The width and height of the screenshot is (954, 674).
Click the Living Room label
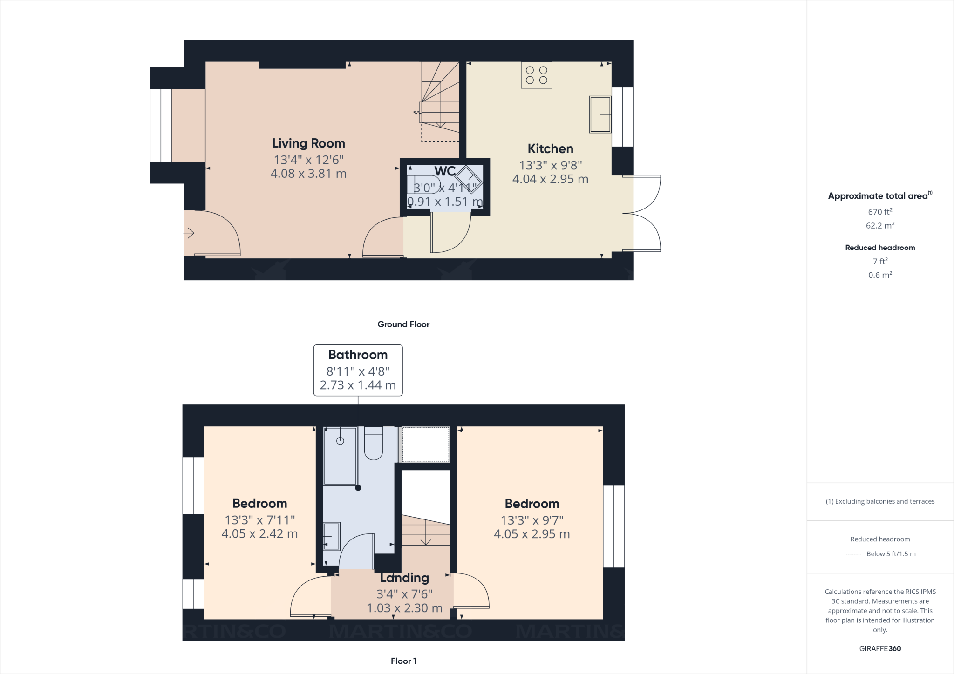[x=308, y=143]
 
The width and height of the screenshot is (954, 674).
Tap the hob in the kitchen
[x=536, y=75]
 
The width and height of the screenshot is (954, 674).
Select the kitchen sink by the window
[x=600, y=114]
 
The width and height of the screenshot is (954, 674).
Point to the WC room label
[x=445, y=171]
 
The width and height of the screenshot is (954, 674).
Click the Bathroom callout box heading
[x=358, y=355]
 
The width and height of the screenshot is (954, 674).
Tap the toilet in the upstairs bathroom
[x=373, y=445]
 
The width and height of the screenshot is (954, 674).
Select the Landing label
[x=404, y=578]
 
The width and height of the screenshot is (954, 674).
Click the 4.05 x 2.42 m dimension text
[x=259, y=534]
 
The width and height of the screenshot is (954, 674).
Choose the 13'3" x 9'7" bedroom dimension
[x=532, y=520]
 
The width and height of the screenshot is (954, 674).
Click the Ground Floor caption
[x=403, y=324]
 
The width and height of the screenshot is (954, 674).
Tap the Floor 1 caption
[x=403, y=661]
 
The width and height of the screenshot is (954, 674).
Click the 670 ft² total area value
[x=880, y=212]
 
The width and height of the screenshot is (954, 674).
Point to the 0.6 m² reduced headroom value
[x=880, y=275]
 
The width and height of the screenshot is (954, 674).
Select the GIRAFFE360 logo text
[x=880, y=648]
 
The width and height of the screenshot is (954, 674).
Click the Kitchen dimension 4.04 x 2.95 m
[x=550, y=179]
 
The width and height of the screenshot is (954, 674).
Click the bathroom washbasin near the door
[x=332, y=536]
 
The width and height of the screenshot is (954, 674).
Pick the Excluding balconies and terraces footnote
[x=880, y=501]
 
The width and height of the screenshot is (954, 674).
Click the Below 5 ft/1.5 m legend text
[x=891, y=554]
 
